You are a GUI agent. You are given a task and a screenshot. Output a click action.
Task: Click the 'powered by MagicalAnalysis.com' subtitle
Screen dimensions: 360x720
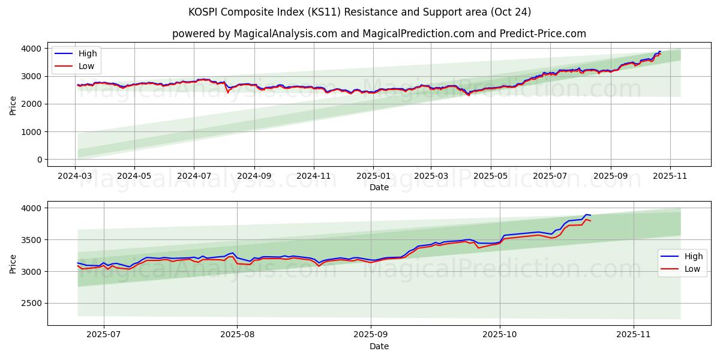click(x=379, y=34)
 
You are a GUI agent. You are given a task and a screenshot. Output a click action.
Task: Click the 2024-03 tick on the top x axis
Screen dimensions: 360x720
click(x=75, y=176)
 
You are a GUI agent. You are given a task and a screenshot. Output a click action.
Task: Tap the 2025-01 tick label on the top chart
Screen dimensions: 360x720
click(x=373, y=176)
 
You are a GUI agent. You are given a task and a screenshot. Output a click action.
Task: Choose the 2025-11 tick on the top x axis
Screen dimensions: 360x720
click(x=670, y=176)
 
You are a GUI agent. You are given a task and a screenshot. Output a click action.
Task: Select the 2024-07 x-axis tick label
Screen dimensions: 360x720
click(x=194, y=176)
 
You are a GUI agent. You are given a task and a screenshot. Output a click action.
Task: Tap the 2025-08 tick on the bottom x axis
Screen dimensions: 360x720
click(x=237, y=335)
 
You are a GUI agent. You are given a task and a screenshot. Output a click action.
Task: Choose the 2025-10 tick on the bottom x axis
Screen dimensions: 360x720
click(x=500, y=335)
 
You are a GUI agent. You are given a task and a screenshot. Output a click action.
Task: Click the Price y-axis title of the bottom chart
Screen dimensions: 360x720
click(x=13, y=263)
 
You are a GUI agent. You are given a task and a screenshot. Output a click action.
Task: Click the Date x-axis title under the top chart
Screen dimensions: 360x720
click(x=379, y=187)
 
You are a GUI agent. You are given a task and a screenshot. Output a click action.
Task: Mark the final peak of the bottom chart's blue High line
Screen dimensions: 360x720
click(x=586, y=214)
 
